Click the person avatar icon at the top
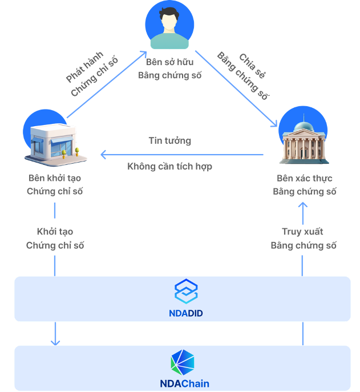click(169, 26)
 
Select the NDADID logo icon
click(186, 291)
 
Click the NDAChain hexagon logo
click(183, 362)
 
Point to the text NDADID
click(186, 313)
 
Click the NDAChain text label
click(184, 383)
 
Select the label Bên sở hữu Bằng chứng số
click(169, 68)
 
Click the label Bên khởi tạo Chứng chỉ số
click(55, 184)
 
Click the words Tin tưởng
click(169, 140)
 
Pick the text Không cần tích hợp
click(169, 167)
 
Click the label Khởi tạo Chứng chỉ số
click(55, 239)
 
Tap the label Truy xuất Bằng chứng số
click(303, 239)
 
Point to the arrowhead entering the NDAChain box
click(55, 342)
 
